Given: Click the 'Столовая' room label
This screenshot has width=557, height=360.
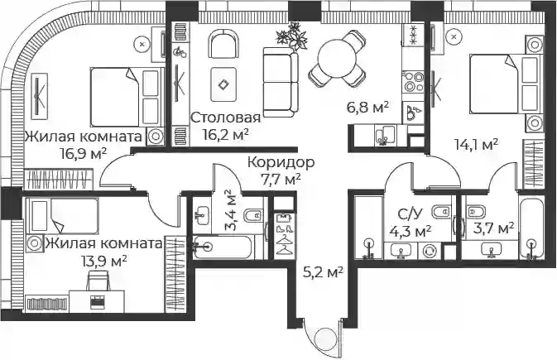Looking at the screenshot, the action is [226, 118].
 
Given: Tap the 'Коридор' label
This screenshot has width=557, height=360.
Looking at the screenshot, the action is [281, 162].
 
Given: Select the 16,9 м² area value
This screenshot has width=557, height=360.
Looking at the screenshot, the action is [84, 154].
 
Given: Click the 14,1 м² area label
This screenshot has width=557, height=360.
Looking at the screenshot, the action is [477, 144].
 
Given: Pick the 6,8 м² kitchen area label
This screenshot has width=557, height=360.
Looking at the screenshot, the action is [367, 107].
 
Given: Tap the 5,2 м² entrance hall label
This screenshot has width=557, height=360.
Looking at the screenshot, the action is [323, 272].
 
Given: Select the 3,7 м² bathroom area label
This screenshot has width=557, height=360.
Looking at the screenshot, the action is [494, 227].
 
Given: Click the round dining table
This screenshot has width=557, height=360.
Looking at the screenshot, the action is [337, 59].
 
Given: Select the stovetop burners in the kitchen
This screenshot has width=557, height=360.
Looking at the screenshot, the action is [413, 82].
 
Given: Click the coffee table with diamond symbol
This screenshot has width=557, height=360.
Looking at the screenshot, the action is [223, 84].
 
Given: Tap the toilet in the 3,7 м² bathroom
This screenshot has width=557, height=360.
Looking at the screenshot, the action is [474, 212].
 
